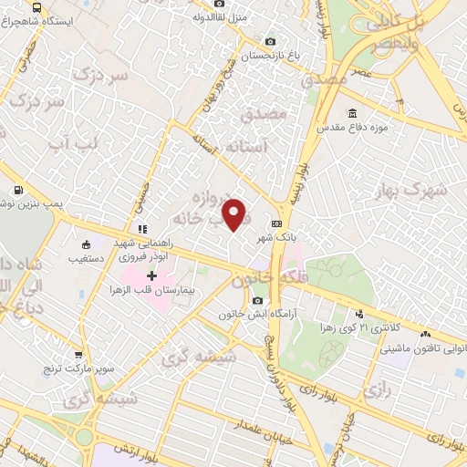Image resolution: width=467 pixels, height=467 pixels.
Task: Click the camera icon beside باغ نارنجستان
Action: point(269,41)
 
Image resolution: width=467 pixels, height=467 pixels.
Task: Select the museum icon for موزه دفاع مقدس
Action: point(352,114)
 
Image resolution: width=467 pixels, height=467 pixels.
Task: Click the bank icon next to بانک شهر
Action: point(276,223)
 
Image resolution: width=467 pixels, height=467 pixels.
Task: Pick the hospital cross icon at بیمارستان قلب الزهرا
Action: point(152,275)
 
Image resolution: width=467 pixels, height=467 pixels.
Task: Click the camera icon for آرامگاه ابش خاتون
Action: point(258,301)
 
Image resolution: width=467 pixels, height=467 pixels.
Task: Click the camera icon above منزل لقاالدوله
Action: point(219,4)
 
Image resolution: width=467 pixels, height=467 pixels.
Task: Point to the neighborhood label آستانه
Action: point(244,146)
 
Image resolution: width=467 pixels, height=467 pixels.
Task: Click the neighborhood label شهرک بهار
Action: point(418,191)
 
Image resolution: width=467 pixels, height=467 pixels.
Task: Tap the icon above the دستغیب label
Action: point(86,244)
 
